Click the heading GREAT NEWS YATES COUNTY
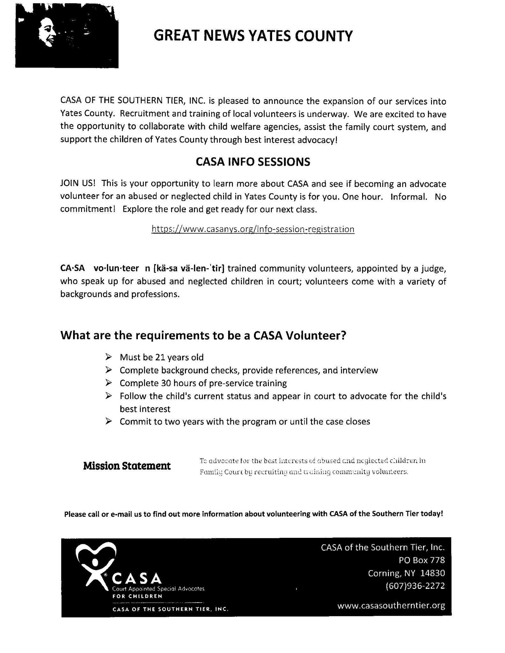[253, 36]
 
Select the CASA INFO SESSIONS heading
[253, 162]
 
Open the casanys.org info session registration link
[253, 229]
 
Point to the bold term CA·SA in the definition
[72, 268]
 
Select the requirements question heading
[203, 335]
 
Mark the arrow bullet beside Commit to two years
[108, 421]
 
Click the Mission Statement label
[127, 466]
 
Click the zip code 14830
[432, 573]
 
